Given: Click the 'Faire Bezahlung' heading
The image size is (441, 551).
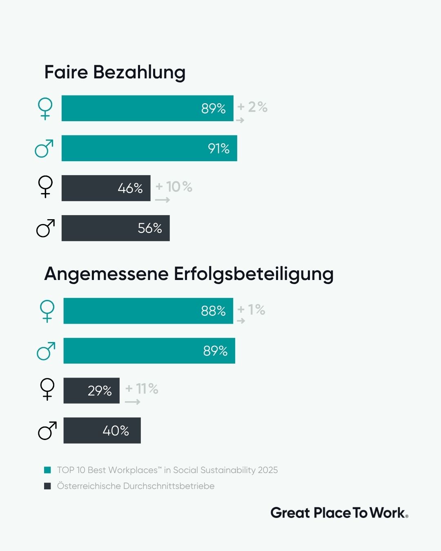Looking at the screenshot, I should pos(115,73).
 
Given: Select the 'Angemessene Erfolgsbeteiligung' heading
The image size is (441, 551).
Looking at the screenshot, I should pos(189,274).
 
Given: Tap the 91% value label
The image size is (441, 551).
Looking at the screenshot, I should pos(218,148).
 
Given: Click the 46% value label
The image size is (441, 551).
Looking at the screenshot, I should pos(130,188).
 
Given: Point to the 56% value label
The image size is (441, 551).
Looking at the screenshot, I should pos(150,228).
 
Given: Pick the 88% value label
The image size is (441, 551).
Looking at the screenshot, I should pos(213,311).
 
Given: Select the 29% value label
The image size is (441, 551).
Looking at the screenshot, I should pos(100,391).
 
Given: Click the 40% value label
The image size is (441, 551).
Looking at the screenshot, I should pos(116,431).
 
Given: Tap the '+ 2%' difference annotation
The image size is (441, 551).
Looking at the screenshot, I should pos(252,107).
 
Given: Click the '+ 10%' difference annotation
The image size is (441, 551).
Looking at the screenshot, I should pos(174,187).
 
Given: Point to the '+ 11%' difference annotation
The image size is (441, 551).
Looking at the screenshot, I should pos(142,389).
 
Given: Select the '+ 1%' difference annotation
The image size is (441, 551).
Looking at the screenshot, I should pos(252,310).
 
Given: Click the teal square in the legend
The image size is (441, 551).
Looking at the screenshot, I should pos(47,470).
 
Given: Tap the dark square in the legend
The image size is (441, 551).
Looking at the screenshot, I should pos(47,486).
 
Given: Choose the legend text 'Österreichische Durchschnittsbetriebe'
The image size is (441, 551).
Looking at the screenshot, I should pos(136,486).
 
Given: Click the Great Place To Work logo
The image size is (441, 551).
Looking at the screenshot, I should pos(339,513).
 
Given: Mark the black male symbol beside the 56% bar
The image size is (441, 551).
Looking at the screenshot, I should pos(45,228).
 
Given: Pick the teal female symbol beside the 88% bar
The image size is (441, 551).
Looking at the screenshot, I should pos(47,311).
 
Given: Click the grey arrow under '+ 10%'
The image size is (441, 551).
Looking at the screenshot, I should pos(163,200).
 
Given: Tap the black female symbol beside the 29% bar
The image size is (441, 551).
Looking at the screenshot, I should pos(47,389).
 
